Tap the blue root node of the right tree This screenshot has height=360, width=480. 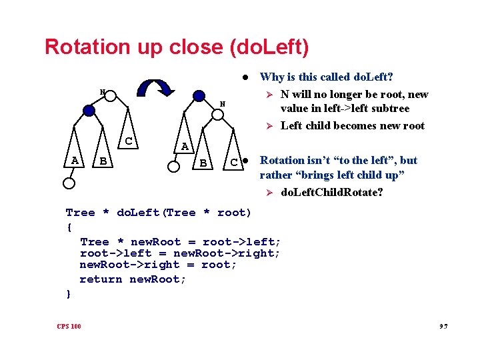click(x=199, y=96)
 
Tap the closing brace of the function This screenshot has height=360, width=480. click(x=68, y=293)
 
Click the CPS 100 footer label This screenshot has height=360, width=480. click(x=69, y=326)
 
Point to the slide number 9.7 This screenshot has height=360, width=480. click(x=443, y=326)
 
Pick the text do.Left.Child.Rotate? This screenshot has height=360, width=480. click(x=331, y=193)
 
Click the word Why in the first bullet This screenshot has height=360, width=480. click(x=271, y=77)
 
